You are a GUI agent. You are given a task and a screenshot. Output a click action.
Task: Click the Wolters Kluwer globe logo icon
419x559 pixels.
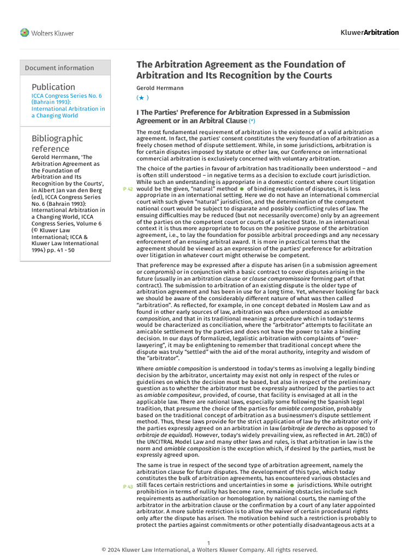(x=25, y=33)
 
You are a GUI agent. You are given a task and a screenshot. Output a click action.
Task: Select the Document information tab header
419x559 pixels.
(x=59, y=68)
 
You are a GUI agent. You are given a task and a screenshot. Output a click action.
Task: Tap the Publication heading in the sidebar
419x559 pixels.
(x=53, y=87)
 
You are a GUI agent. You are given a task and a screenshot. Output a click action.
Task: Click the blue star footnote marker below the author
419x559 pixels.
(x=142, y=98)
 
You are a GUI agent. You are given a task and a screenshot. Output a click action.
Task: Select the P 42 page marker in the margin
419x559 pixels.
(x=128, y=188)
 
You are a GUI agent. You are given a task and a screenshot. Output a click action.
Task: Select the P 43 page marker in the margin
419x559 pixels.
(x=128, y=486)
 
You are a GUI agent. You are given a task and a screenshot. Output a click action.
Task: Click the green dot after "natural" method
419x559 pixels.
(x=242, y=188)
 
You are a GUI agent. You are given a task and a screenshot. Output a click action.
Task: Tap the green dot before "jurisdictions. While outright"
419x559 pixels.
(x=292, y=485)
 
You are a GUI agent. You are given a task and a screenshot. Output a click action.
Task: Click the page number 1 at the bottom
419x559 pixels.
(x=209, y=543)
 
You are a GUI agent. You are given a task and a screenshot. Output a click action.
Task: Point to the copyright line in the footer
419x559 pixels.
(x=209, y=550)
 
